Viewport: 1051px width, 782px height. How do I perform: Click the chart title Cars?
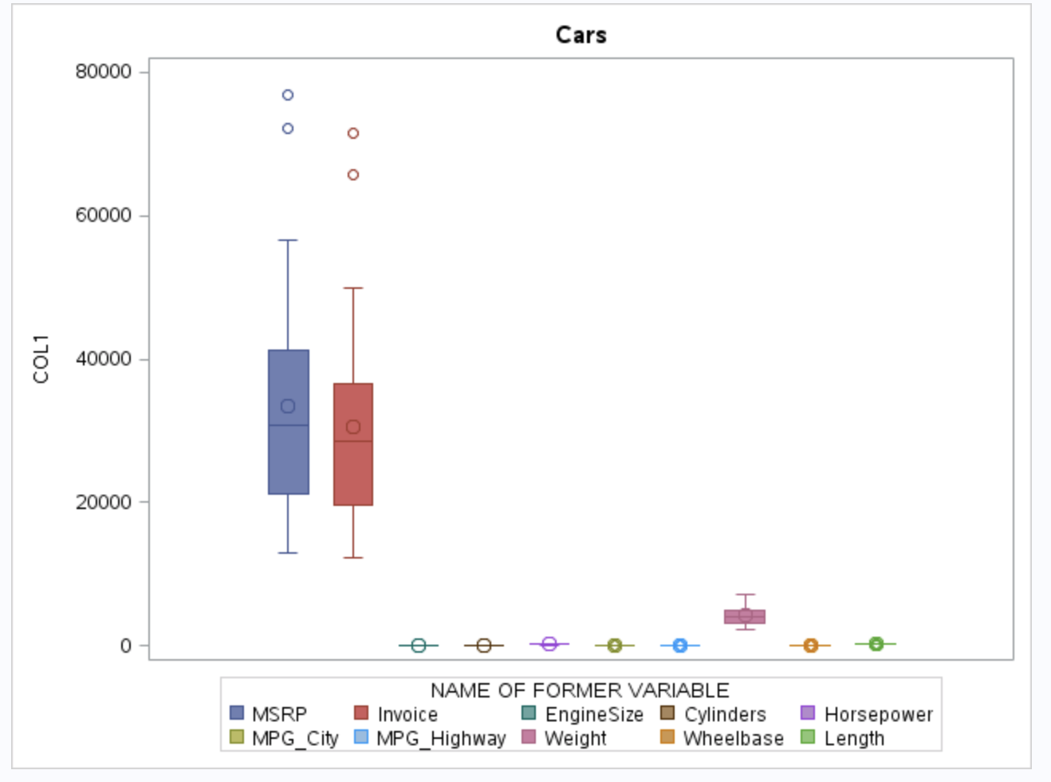tap(581, 35)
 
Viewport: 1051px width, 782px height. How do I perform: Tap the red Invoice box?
tap(353, 471)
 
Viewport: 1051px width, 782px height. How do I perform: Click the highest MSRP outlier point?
tap(288, 95)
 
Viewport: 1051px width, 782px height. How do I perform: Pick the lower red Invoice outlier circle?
tap(353, 175)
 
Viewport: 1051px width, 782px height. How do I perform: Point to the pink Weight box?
tap(745, 617)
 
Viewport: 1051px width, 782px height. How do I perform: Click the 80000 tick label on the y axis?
tap(104, 72)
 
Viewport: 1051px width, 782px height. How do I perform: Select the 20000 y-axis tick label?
tap(104, 502)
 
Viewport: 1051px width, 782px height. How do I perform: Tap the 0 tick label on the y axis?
tap(126, 646)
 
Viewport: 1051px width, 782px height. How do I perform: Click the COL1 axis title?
tap(41, 359)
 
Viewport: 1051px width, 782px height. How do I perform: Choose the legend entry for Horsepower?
tap(878, 714)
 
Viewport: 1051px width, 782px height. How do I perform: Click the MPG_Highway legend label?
tap(441, 738)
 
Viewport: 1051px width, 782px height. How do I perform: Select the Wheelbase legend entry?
tap(733, 738)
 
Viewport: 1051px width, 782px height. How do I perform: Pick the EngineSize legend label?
tap(594, 714)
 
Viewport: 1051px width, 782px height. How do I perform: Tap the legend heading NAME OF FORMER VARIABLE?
tap(580, 690)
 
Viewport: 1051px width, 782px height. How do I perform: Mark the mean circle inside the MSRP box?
tap(288, 406)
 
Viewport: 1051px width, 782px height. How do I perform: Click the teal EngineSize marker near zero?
tap(419, 646)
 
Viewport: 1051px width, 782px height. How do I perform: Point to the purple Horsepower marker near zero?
tap(549, 644)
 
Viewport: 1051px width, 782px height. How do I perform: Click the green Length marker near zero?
tap(876, 643)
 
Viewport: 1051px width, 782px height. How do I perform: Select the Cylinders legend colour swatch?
tap(668, 713)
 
